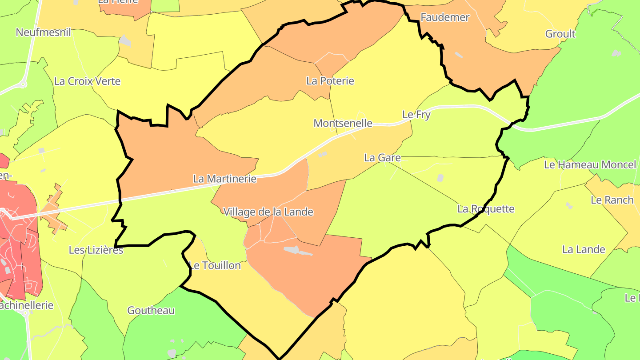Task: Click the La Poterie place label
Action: tap(330, 81)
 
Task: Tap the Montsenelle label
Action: tap(343, 123)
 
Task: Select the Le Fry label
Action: tap(416, 114)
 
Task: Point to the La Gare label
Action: tap(382, 158)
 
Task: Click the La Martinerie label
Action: tap(225, 179)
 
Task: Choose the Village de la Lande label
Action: tap(268, 212)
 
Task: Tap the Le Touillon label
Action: tap(215, 265)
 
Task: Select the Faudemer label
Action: tap(445, 17)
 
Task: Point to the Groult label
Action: tap(560, 34)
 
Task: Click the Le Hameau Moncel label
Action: tap(590, 165)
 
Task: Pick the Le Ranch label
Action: tap(612, 200)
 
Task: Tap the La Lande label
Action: tap(584, 249)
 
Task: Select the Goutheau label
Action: tap(151, 310)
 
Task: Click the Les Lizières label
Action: tap(96, 250)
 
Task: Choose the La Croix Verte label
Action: tap(87, 81)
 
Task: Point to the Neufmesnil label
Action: tap(43, 32)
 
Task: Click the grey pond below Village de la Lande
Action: tap(298, 251)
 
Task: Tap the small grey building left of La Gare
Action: tap(323, 154)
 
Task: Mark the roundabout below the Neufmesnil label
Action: tap(24, 84)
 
